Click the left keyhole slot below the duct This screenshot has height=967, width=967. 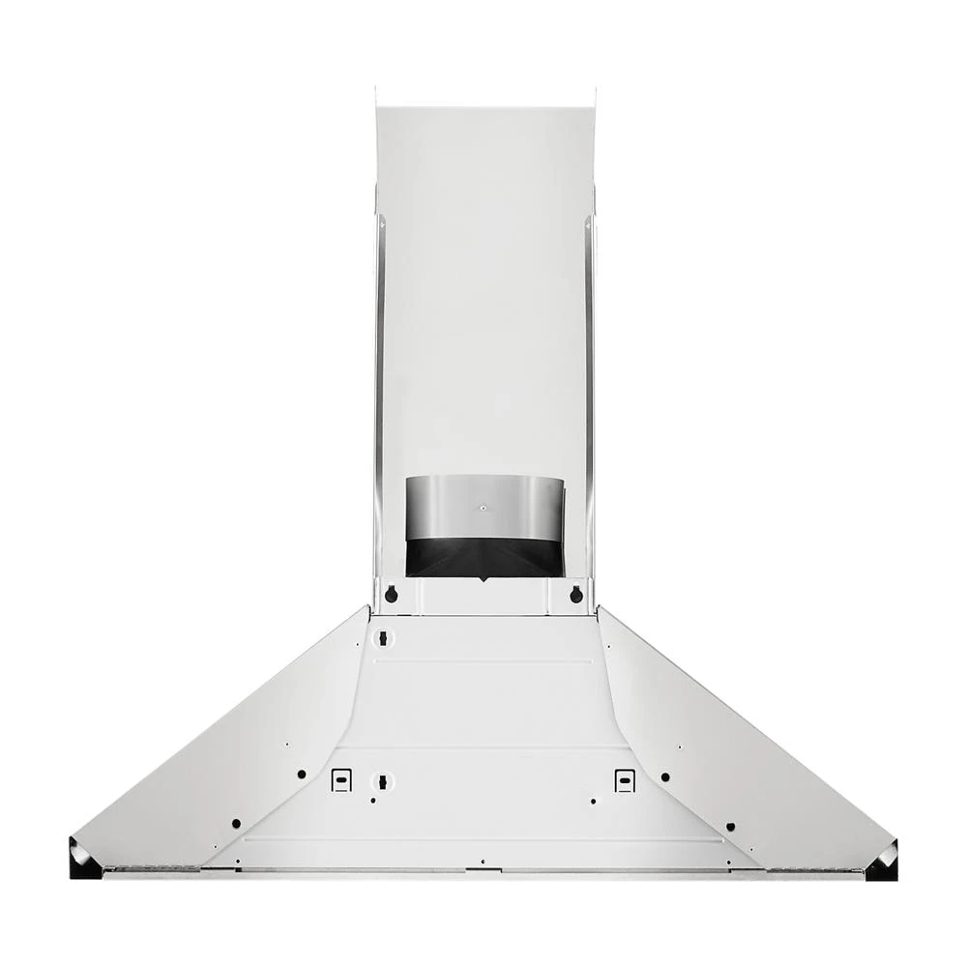[x=391, y=595]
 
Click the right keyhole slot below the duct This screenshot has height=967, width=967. [x=576, y=595]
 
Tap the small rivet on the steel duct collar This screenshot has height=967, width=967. [x=483, y=506]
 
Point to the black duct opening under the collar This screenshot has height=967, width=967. [x=483, y=558]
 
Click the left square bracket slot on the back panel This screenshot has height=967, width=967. [x=340, y=779]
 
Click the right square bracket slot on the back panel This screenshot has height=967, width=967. [x=626, y=779]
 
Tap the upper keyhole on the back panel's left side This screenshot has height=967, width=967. [x=383, y=638]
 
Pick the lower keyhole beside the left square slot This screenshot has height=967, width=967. [x=383, y=780]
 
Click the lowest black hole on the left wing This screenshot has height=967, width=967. [x=236, y=824]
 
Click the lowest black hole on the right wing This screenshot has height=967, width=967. [x=730, y=827]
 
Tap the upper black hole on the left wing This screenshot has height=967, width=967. [x=302, y=775]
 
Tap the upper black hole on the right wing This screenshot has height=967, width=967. [x=665, y=777]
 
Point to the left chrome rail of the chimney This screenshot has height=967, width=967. [x=379, y=387]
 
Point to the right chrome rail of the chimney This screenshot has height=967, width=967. [x=588, y=387]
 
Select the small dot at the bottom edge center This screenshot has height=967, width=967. [x=482, y=862]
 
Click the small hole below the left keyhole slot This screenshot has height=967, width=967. [x=373, y=801]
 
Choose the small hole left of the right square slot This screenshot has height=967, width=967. [x=593, y=801]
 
